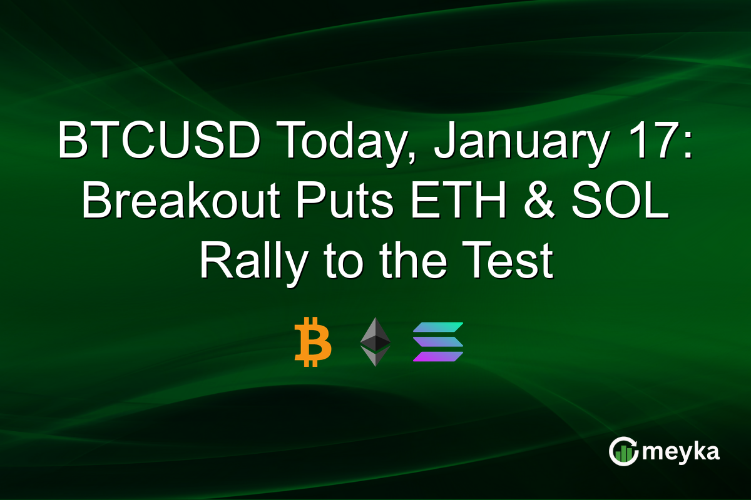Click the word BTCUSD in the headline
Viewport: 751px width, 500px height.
159,142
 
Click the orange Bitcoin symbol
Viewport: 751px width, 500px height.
312,342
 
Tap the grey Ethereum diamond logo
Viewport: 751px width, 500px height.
375,341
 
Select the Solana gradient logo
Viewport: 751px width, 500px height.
437,342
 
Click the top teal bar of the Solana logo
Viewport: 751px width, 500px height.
437,327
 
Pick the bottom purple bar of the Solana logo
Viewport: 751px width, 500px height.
437,356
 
